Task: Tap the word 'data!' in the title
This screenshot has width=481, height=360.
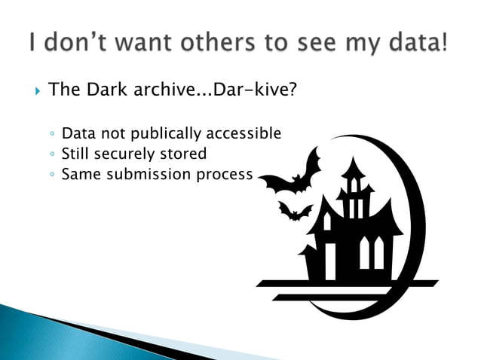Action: coord(415,43)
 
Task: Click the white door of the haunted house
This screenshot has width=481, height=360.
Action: coord(329,260)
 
